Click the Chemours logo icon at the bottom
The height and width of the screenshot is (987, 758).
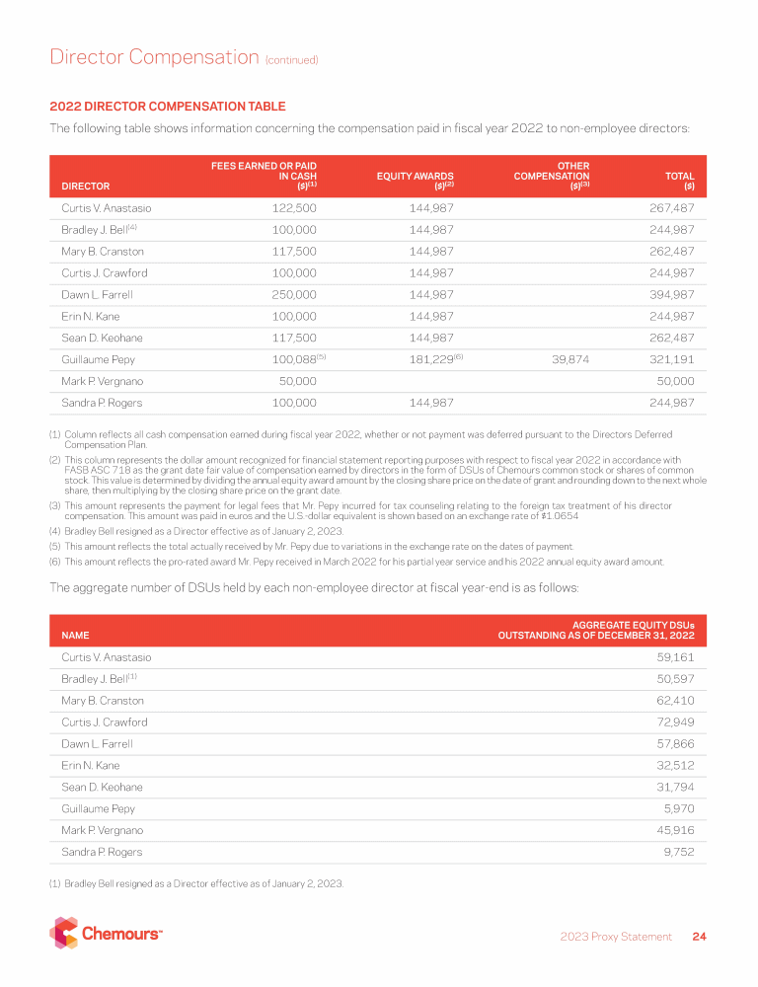pyautogui.click(x=64, y=933)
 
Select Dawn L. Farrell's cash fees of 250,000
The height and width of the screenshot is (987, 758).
pyautogui.click(x=293, y=295)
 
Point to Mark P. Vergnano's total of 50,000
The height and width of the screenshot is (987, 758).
pyautogui.click(x=671, y=382)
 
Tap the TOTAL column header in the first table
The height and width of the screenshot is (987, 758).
pyautogui.click(x=680, y=179)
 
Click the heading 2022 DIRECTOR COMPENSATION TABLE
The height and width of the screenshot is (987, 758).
pyautogui.click(x=168, y=107)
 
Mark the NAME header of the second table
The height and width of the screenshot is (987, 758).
pyautogui.click(x=75, y=636)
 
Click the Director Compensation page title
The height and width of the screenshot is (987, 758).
pyautogui.click(x=153, y=57)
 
